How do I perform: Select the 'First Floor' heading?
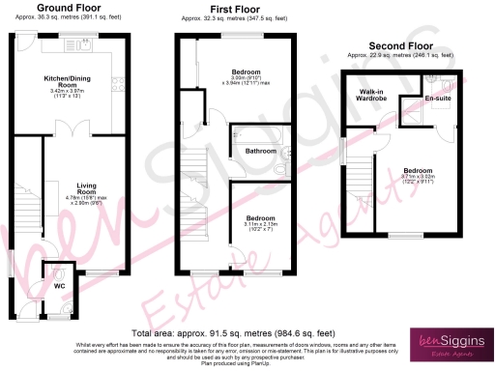coord(232,8)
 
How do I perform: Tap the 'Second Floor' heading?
coord(400,45)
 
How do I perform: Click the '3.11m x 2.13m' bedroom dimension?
coord(261,225)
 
